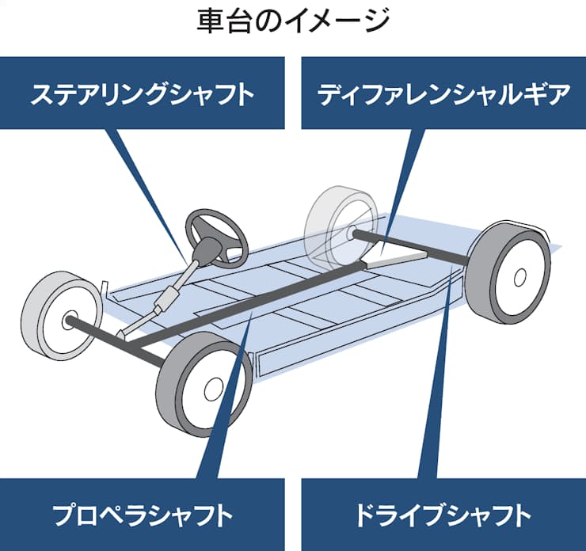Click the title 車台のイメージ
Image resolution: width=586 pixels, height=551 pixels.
293,21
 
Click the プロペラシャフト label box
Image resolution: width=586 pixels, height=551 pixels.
143,515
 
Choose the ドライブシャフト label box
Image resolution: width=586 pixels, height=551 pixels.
443,515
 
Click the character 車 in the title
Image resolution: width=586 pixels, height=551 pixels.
207,21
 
